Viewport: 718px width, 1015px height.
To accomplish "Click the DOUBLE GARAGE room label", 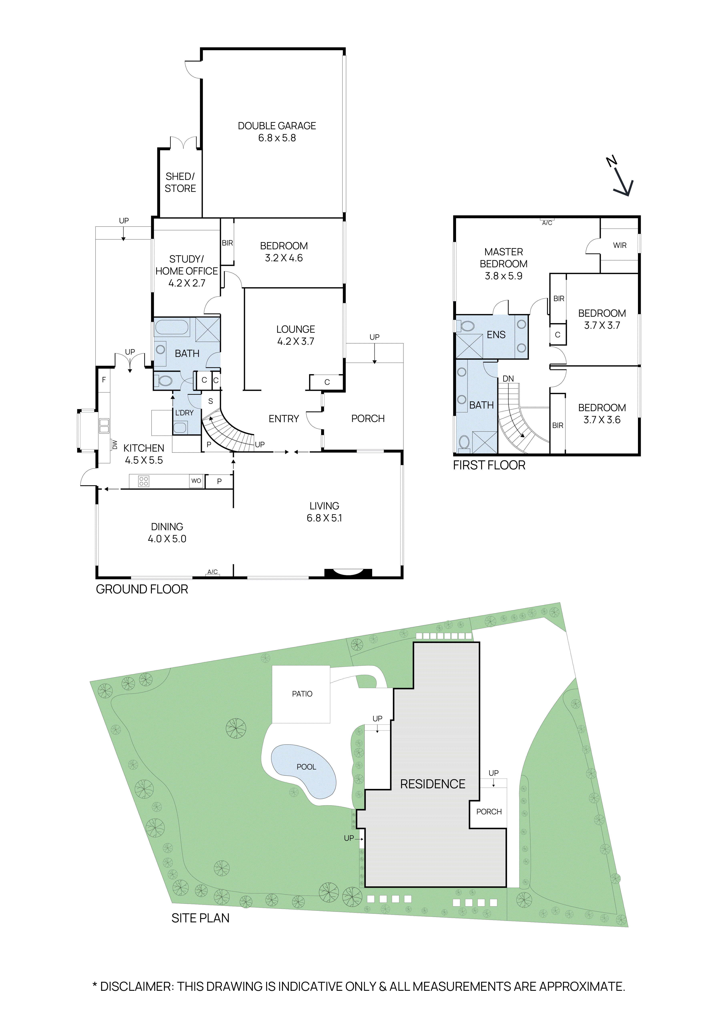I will pos(277,126).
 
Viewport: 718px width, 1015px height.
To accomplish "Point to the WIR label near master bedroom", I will pos(619,245).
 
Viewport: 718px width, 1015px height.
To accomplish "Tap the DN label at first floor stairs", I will pos(508,379).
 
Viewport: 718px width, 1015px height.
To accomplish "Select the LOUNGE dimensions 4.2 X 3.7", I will pos(295,341).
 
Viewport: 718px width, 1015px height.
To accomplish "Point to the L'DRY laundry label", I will pos(184,413).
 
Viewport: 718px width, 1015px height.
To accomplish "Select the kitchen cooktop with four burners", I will pos(144,481).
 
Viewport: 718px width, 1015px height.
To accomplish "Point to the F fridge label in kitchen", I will pos(104,380).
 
